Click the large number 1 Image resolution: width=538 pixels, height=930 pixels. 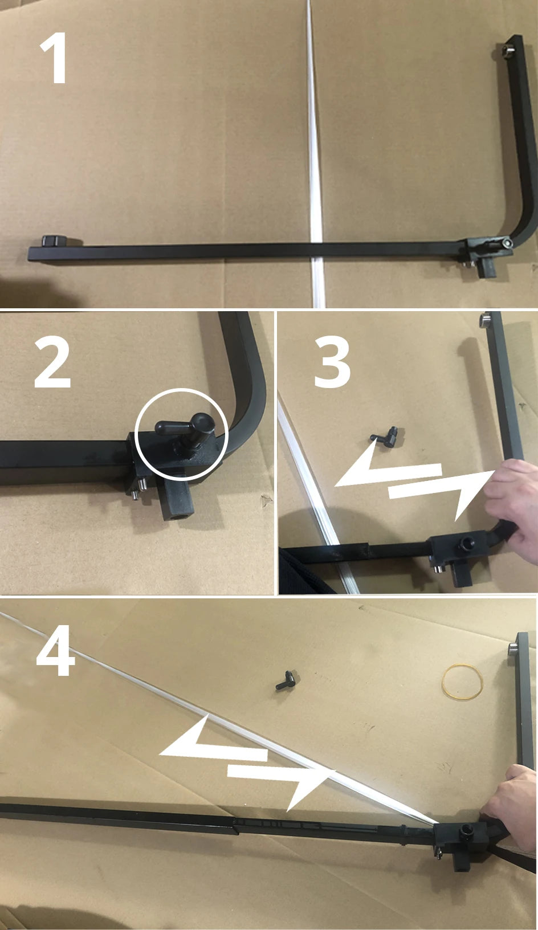pyautogui.click(x=54, y=58)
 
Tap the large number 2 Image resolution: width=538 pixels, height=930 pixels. pyautogui.click(x=53, y=362)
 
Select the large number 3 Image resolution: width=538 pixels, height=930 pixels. pyautogui.click(x=332, y=362)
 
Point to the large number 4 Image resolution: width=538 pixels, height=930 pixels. pyautogui.click(x=56, y=650)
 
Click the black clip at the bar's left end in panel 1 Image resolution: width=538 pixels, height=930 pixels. pyautogui.click(x=54, y=241)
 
